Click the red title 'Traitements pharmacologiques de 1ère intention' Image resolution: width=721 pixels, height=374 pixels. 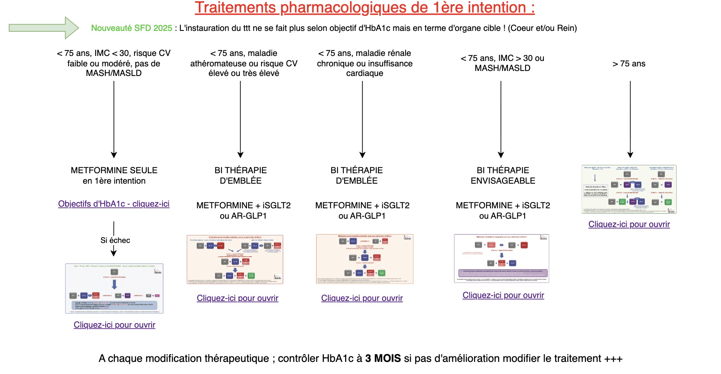[364, 8]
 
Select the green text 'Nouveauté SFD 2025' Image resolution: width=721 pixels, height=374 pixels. [132, 28]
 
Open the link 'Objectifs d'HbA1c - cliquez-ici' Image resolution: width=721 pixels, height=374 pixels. [114, 204]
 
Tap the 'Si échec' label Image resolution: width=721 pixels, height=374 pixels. [115, 240]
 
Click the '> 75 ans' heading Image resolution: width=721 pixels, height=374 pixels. [629, 63]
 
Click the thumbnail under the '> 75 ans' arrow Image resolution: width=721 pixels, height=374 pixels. [629, 189]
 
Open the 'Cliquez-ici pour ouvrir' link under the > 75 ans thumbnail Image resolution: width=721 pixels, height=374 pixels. [629, 224]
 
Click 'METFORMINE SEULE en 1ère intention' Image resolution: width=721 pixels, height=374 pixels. [114, 175]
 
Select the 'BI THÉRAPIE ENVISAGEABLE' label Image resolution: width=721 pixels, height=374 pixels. [503, 175]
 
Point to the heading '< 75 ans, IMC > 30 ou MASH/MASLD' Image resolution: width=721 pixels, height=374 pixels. [502, 63]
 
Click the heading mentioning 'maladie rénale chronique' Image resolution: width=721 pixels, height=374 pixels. [364, 63]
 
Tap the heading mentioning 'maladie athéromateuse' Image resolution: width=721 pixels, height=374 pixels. [244, 63]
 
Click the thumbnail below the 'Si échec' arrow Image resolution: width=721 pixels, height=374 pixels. [114, 288]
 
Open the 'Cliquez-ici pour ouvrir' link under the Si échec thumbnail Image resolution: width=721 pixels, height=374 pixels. [114, 325]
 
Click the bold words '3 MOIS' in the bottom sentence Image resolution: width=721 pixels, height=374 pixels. [383, 358]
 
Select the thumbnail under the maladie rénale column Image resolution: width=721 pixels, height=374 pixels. [364, 259]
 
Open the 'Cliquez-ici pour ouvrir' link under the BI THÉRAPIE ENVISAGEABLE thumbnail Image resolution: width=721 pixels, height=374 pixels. [503, 295]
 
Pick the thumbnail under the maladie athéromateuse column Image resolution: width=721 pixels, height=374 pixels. [235, 259]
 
